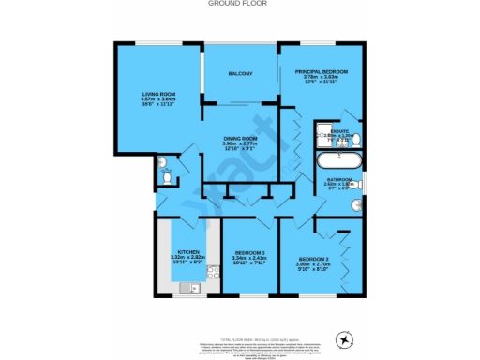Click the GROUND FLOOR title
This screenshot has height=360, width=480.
point(239,4)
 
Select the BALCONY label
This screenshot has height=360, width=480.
point(239,74)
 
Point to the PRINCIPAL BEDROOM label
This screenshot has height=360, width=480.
point(322,71)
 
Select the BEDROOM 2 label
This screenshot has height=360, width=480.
point(315,259)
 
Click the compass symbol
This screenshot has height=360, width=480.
point(348,338)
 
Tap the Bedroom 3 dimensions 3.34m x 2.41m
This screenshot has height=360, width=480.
point(249,259)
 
